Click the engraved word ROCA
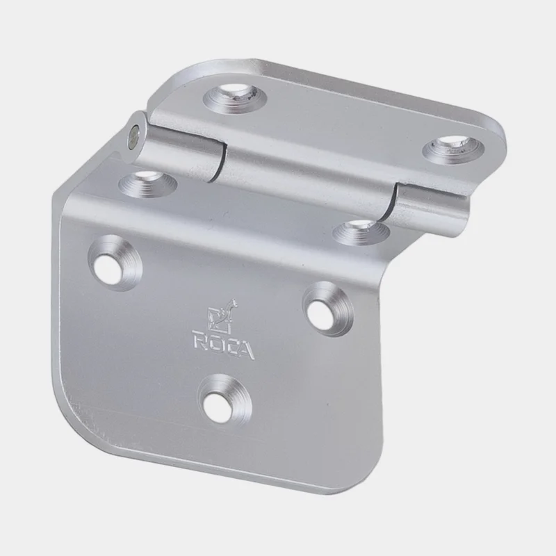coord(223,345)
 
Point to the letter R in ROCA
coord(199,338)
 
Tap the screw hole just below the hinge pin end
coord(147,183)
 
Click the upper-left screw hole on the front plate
coord(115,263)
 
